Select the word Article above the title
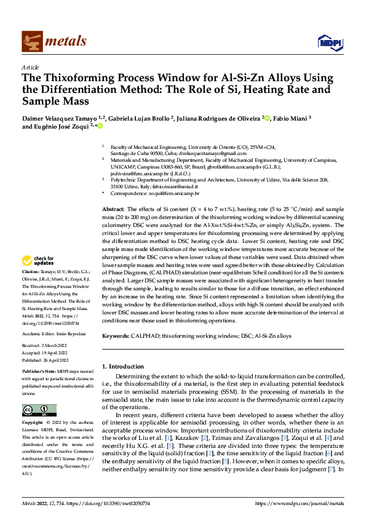click(30, 67)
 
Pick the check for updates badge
click(38, 261)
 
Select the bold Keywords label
click(116, 336)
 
